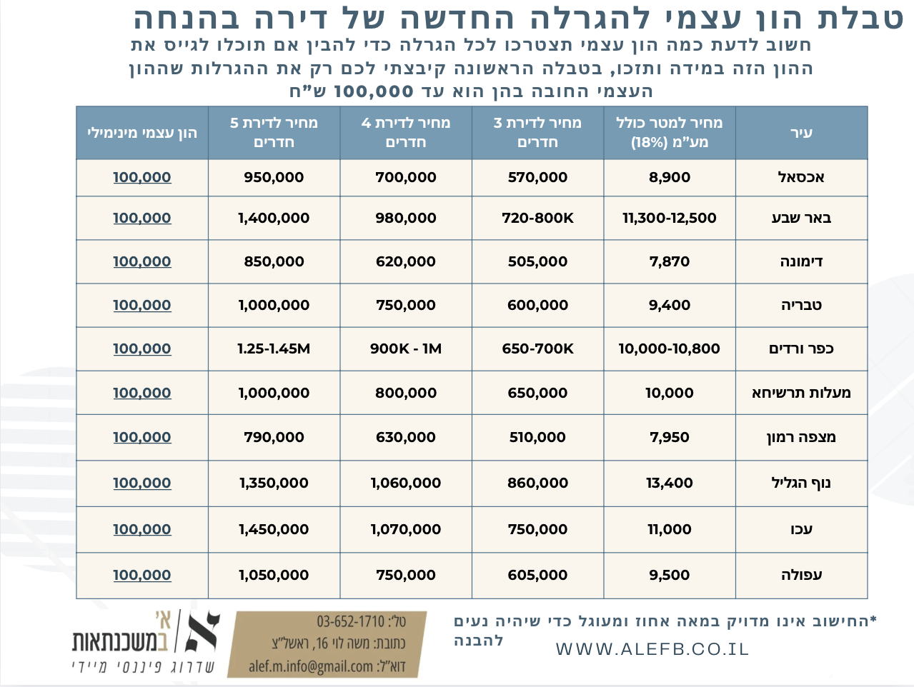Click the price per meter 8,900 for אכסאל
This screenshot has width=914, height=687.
click(670, 177)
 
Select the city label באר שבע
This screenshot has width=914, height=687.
click(801, 218)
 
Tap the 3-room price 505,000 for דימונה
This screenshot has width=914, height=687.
click(537, 261)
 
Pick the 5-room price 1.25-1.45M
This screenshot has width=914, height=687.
click(274, 348)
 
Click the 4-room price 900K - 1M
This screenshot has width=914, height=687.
click(406, 348)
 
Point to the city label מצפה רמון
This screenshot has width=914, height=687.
click(801, 437)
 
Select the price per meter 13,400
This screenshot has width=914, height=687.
click(670, 483)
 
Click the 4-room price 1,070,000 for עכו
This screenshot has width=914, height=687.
click(406, 529)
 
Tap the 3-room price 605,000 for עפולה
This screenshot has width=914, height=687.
click(537, 575)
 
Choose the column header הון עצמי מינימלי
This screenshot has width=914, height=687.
click(142, 133)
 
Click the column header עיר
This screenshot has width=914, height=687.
click(801, 133)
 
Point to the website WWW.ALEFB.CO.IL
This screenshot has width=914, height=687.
click(652, 649)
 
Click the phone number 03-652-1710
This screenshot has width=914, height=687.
click(351, 621)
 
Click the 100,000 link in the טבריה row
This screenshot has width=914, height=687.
click(142, 305)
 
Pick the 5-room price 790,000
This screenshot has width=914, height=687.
click(274, 437)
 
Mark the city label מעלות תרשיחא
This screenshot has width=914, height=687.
click(801, 393)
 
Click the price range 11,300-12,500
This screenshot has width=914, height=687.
click(670, 218)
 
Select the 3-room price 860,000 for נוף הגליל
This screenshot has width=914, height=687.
click(537, 483)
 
